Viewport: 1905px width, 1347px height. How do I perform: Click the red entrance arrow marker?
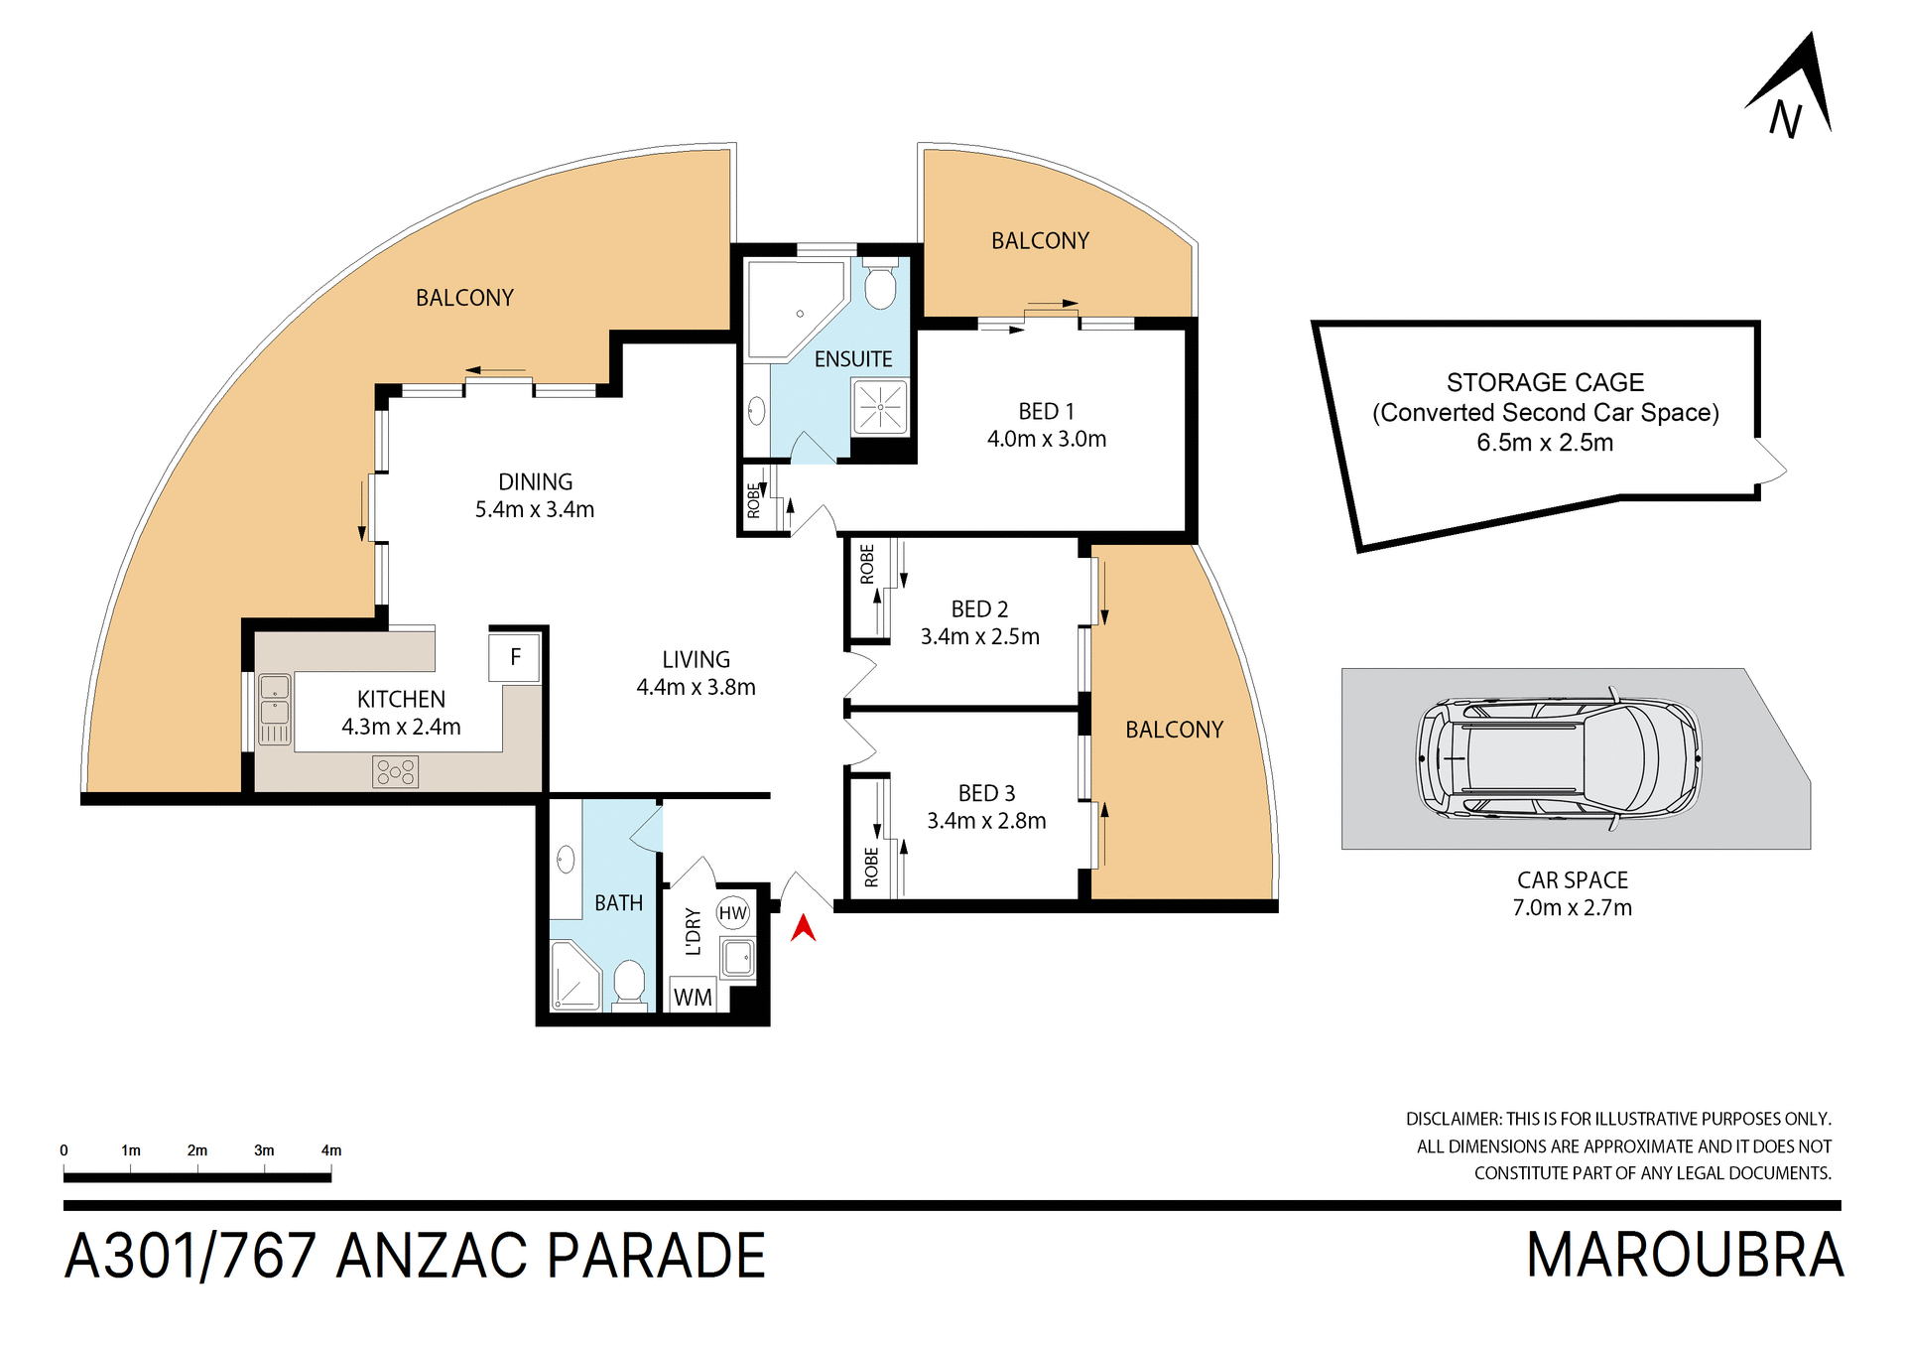coord(803,929)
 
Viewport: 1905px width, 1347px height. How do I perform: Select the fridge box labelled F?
coord(515,657)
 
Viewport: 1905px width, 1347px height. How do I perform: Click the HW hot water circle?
coord(733,913)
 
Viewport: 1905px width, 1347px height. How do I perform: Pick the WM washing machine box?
coord(693,997)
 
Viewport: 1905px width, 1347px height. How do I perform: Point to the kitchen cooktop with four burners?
coord(395,771)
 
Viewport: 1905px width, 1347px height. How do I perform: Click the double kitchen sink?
coord(275,709)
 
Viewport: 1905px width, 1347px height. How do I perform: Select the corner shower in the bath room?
coord(574,977)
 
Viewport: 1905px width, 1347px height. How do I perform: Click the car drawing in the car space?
coord(1559,758)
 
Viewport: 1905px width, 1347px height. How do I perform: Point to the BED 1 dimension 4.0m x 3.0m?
coord(1046,439)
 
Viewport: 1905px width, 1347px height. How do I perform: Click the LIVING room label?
coord(696,659)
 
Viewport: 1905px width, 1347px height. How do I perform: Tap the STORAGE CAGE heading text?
coord(1544,382)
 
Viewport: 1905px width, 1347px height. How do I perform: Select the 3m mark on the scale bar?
coord(264,1150)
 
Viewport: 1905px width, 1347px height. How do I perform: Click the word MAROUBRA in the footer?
coord(1684,1256)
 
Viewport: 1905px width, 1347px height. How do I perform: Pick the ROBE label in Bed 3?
coord(871,866)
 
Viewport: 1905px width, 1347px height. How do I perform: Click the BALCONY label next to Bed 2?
coord(1174,730)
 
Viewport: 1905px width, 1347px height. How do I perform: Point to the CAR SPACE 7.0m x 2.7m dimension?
coord(1572,907)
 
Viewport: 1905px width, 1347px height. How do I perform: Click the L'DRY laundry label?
coord(693,931)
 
